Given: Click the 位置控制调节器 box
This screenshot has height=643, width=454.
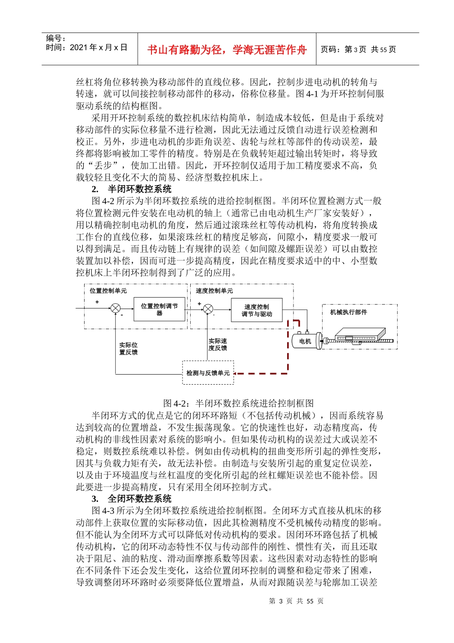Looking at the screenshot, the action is point(159,310).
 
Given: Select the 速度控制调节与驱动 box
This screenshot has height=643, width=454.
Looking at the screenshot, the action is point(257,310).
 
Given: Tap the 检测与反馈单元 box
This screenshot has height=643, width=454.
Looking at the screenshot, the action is point(208,373).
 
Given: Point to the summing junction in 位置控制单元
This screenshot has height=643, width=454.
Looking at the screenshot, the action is point(116,309).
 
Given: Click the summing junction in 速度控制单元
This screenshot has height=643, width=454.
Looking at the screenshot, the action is point(208,309).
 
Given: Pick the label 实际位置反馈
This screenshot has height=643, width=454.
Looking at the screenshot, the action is point(128,348).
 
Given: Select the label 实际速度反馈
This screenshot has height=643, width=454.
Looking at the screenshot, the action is point(217,344).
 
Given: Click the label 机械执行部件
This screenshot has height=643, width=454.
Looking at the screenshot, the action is point(348,312).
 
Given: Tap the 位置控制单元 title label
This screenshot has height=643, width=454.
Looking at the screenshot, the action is point(108,290).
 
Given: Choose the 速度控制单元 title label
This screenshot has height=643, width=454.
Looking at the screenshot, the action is point(215,290).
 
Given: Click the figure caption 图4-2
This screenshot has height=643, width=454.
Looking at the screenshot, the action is point(238,403).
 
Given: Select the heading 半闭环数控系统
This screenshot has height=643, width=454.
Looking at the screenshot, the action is point(139,189).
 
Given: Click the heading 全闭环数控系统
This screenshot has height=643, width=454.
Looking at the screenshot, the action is point(139,499).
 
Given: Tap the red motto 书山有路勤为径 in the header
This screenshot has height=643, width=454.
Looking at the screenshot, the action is point(227,50).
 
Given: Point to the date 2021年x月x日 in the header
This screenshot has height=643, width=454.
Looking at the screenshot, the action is point(87,47).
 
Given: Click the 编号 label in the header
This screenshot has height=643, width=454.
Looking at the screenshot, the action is point(56,38).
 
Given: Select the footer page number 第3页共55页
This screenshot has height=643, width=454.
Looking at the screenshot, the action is point(296,601).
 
